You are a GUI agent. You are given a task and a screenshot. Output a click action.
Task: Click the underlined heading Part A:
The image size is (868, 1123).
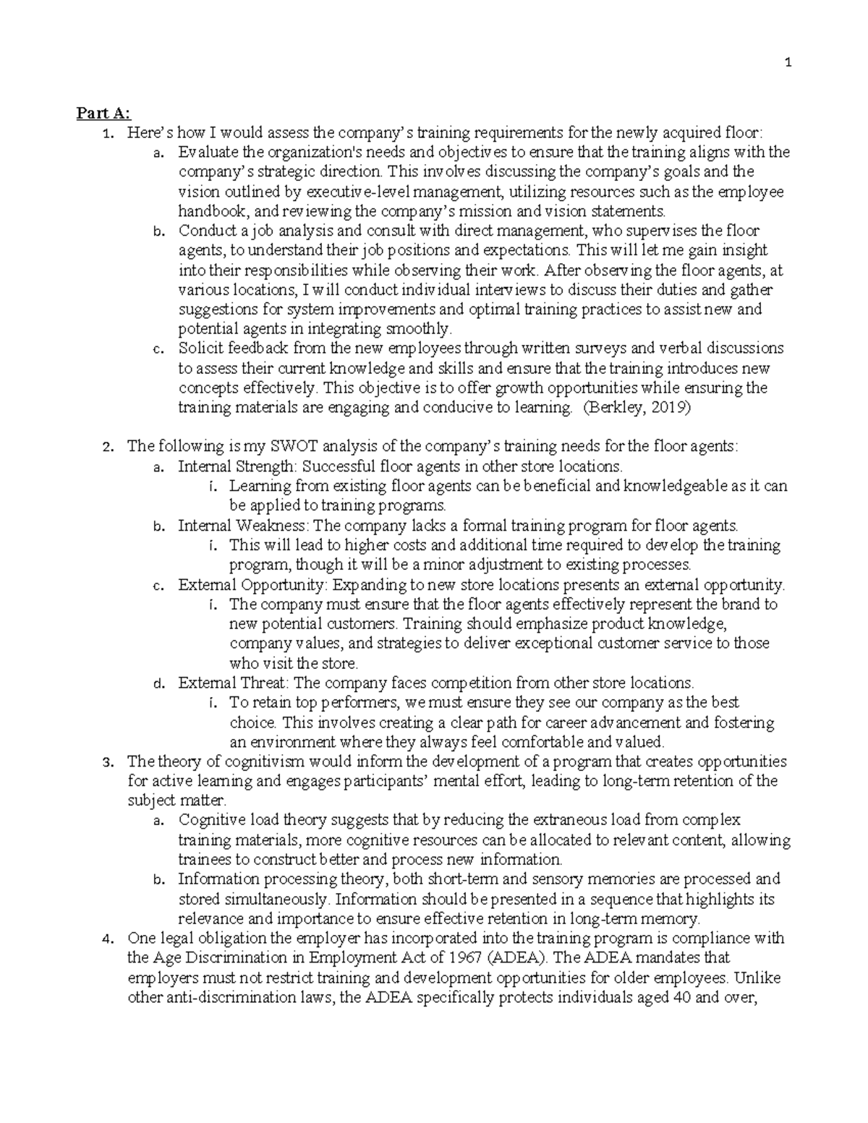tap(103, 113)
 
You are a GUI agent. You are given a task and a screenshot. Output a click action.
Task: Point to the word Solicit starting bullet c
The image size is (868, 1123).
tap(200, 348)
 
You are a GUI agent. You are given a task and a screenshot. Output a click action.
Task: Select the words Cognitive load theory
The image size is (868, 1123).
tap(248, 820)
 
